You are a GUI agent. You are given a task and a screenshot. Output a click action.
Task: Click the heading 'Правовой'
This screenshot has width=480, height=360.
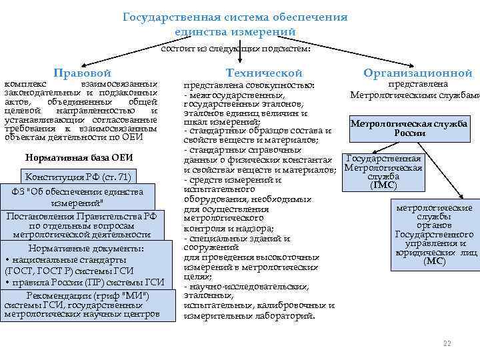(82, 73)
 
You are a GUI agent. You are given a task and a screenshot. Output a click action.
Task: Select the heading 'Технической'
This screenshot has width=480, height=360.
(264, 73)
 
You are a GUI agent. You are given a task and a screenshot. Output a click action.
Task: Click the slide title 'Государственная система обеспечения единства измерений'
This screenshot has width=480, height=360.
(235, 24)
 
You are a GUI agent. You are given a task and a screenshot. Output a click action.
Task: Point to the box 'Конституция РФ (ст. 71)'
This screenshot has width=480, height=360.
(78, 177)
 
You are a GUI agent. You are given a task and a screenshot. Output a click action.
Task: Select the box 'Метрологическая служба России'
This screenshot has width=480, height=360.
(418, 128)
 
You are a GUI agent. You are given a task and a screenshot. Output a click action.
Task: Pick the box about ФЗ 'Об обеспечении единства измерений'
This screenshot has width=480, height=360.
(77, 197)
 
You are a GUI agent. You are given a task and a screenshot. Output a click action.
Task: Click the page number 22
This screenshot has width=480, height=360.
(447, 343)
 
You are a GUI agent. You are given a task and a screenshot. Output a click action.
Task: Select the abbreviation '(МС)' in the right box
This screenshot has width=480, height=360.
(434, 261)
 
